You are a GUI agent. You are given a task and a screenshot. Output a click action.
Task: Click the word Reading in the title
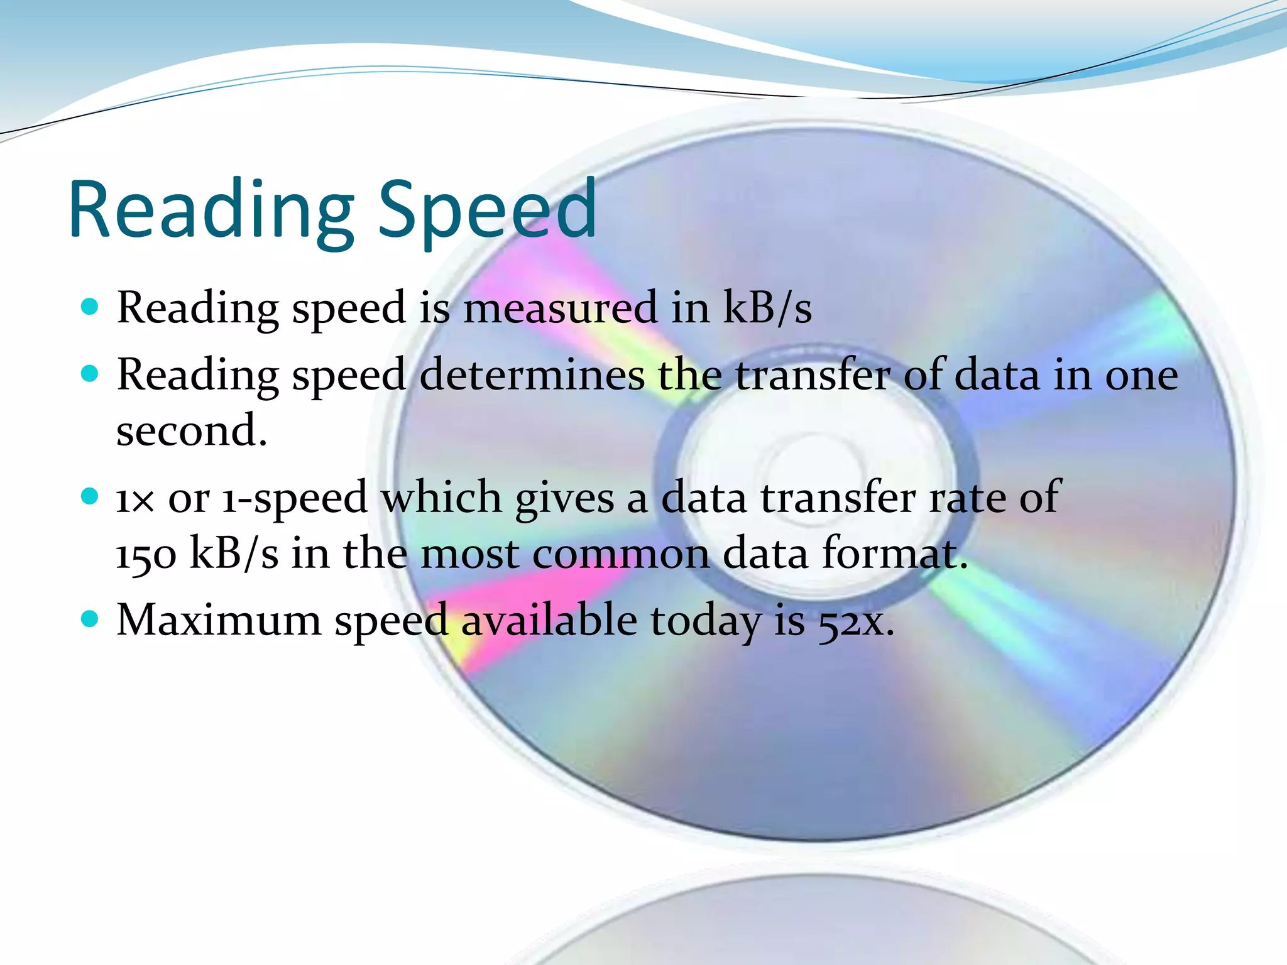point(211,210)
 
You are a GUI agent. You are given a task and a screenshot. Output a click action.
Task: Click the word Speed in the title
point(487,210)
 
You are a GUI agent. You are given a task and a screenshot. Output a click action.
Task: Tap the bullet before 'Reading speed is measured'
point(90,307)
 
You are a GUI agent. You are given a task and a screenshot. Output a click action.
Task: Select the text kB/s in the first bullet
point(767,308)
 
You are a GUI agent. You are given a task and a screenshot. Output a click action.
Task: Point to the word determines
point(532,375)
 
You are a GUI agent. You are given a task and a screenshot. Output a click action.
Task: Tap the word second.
point(191,431)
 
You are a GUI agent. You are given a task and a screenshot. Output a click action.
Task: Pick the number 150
point(146,555)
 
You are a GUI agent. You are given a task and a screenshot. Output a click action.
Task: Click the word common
point(621,554)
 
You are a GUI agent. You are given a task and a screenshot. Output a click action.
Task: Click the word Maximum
point(219,620)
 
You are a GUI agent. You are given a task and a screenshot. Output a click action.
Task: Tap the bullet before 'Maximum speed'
point(90,619)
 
